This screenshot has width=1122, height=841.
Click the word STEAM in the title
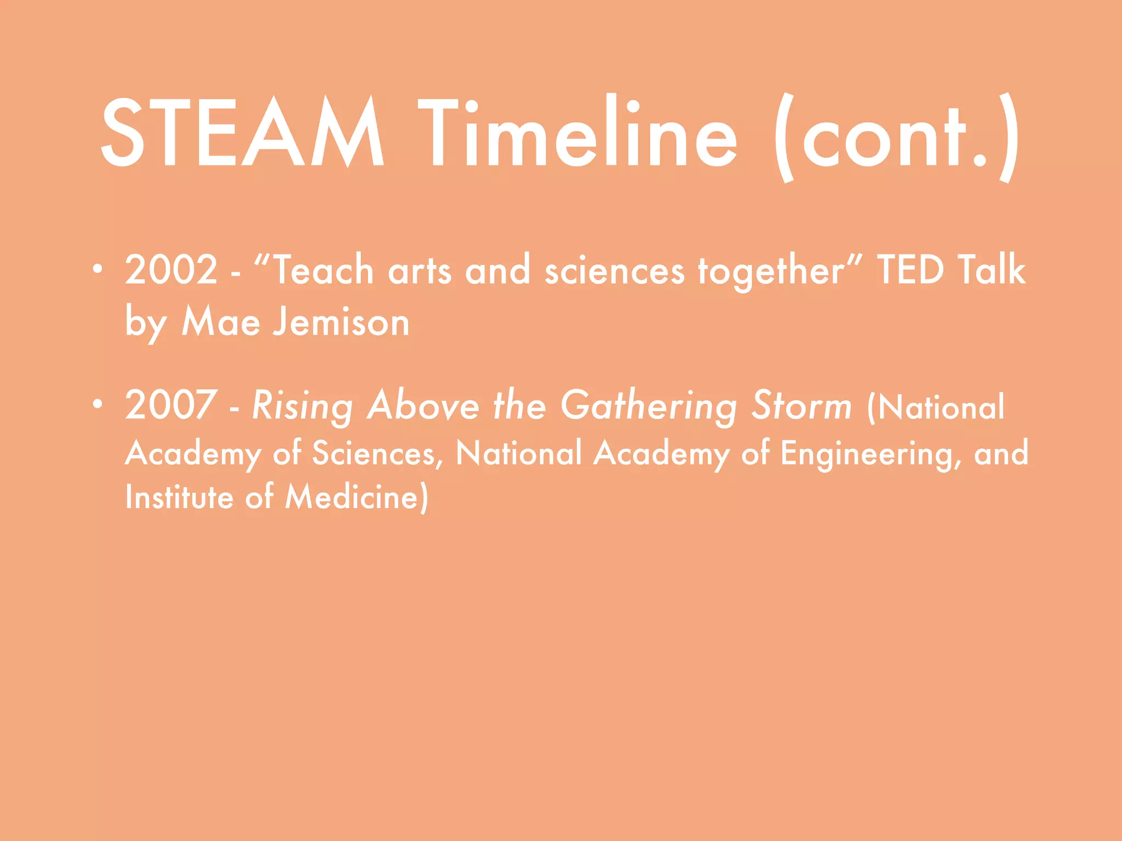(242, 133)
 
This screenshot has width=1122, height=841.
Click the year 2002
(171, 269)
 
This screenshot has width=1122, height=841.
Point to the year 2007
(171, 405)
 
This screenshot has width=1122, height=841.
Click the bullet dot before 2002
(97, 268)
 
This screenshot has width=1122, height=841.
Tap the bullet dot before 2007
(97, 404)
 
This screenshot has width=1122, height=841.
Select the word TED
(910, 269)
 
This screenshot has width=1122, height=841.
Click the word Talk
(992, 269)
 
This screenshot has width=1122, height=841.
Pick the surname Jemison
(341, 322)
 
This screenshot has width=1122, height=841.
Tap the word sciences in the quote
(614, 270)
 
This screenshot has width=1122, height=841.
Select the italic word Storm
(802, 406)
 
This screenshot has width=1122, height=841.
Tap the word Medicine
(357, 497)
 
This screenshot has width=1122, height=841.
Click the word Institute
(179, 497)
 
